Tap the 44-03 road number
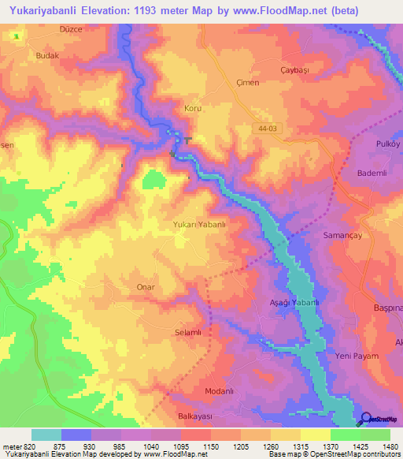[268, 126]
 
